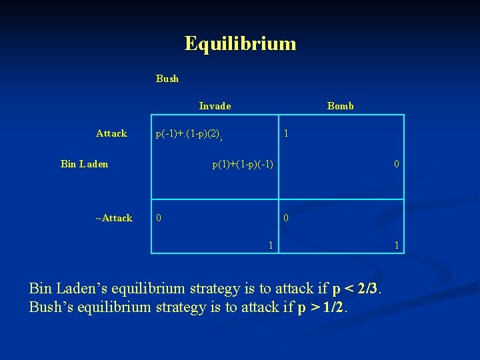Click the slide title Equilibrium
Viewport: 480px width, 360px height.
pos(240,44)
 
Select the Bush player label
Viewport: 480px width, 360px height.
pos(167,79)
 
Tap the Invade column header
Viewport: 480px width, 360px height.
pos(215,106)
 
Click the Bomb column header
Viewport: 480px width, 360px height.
pos(340,106)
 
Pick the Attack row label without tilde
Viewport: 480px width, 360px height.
pos(111,133)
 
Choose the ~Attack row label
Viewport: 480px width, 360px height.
pos(113,218)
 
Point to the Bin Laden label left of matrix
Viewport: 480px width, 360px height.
pos(84,164)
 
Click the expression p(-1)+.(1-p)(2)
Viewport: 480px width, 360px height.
pos(188,134)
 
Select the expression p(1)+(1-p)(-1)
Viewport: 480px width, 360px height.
pos(243,164)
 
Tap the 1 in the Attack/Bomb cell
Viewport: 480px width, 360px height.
pos(286,133)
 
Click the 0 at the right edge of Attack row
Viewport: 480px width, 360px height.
pos(397,164)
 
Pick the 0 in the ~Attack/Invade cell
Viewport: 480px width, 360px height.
pos(158,218)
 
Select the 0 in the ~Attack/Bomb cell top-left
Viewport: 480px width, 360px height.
pos(286,218)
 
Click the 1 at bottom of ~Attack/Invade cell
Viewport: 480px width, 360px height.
pos(270,245)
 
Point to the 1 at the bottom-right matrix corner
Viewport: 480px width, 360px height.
pos(397,245)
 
